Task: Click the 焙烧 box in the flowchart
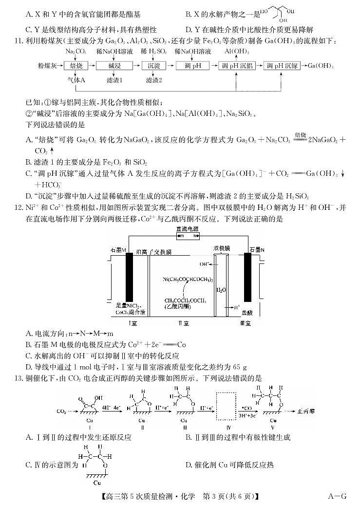(x=76, y=65)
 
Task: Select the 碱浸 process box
(x=114, y=65)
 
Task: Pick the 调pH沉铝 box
(x=236, y=65)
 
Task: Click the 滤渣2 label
(x=153, y=79)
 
